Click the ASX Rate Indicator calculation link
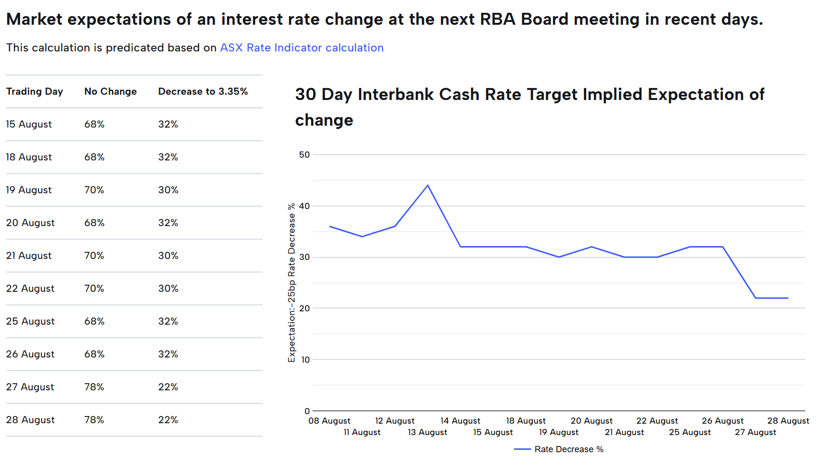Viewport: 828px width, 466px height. pos(302,48)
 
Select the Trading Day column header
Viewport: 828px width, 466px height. pos(35,91)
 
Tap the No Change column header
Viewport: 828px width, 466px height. pos(110,91)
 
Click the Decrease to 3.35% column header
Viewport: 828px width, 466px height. pos(203,91)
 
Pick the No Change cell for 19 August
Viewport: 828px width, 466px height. pos(94,190)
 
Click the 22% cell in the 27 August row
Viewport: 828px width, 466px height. pos(168,387)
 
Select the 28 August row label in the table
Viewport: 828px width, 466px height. pos(30,420)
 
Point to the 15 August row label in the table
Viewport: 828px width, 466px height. pos(29,124)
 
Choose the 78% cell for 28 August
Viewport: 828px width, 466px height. pos(94,420)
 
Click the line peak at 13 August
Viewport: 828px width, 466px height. pos(428,185)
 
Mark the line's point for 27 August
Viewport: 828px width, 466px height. pos(756,298)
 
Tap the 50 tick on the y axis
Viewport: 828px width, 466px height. pos(304,155)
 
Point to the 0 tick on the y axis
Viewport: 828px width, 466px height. pos(307,411)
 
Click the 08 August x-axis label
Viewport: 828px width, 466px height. pos(329,421)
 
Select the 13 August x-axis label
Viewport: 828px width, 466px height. pos(427,432)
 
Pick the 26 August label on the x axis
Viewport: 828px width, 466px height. pos(722,421)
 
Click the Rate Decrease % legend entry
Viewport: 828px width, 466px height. pos(559,449)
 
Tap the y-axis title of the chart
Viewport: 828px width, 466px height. pos(292,283)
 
